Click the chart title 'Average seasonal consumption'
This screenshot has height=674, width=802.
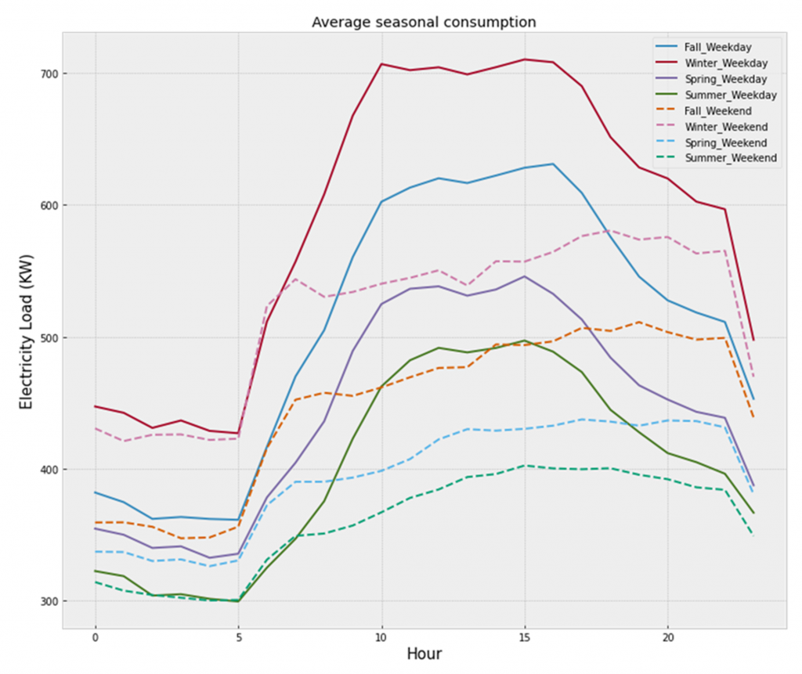point(424,22)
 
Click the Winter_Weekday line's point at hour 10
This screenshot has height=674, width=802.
point(381,64)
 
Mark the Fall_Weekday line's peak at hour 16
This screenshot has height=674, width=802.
point(553,164)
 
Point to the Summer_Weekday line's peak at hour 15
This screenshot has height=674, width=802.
point(524,341)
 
